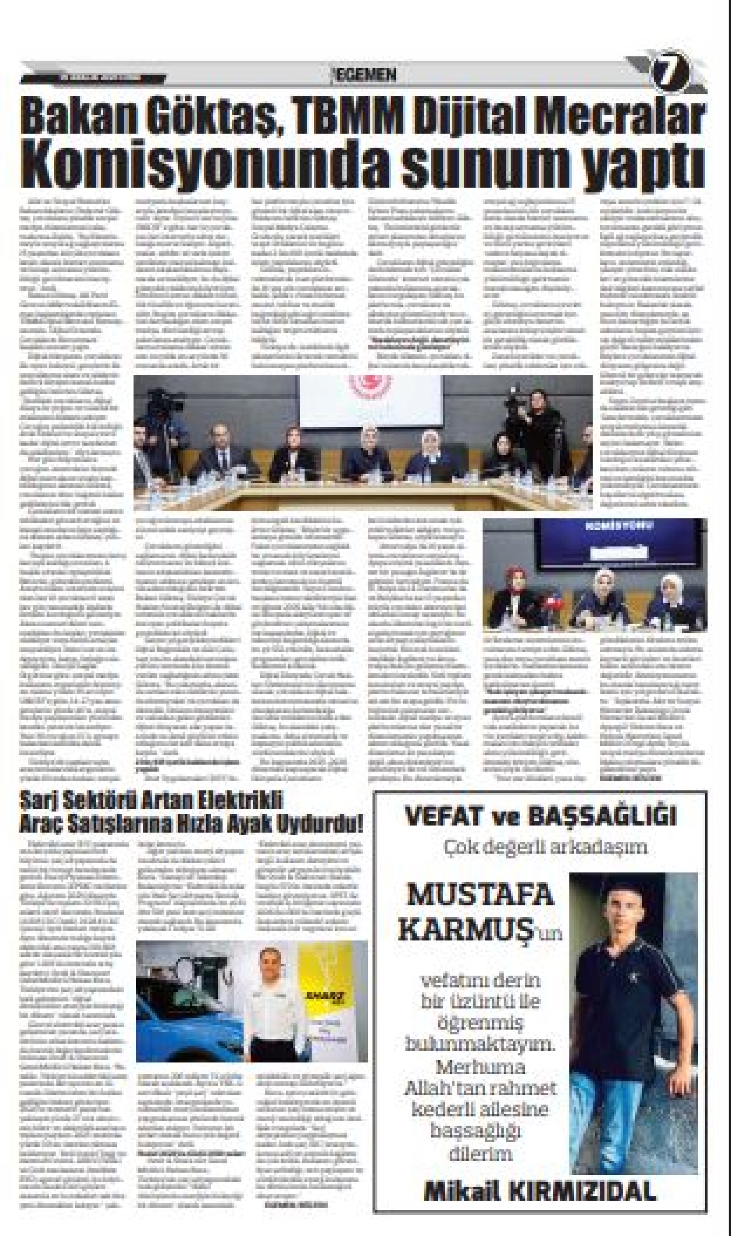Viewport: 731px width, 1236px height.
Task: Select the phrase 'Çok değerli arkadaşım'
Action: tap(545, 847)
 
